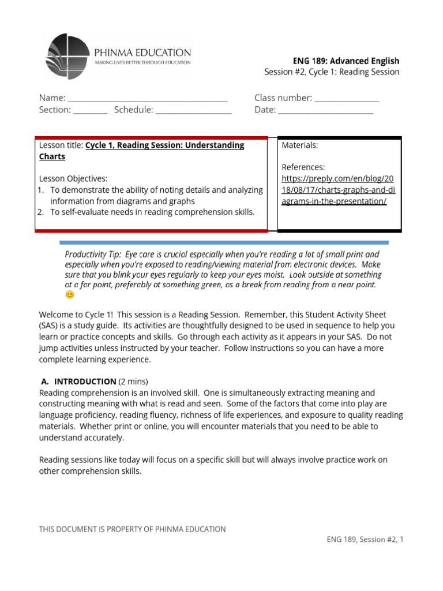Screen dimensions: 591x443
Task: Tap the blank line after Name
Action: tap(148, 99)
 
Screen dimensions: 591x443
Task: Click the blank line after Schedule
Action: tap(193, 110)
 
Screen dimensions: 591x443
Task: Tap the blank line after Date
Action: tap(326, 110)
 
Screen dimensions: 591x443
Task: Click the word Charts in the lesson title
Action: tap(52, 156)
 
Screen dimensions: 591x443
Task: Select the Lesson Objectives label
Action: tap(73, 178)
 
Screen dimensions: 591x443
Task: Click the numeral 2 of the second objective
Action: tap(42, 212)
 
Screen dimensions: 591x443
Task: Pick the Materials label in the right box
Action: tap(300, 145)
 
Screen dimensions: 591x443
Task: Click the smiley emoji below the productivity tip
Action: tap(70, 295)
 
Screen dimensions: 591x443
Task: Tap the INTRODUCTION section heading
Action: tap(85, 381)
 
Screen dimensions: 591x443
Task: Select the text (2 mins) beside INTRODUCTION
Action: tap(133, 381)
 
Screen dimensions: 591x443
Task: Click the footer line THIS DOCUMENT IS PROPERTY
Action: tap(132, 529)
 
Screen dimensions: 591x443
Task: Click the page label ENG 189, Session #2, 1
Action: tap(365, 540)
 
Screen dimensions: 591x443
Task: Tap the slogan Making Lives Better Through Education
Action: tap(142, 62)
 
